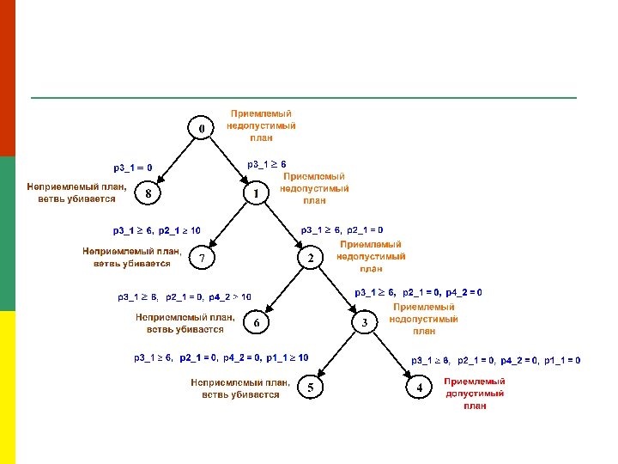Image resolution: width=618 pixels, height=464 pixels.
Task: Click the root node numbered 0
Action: (202, 129)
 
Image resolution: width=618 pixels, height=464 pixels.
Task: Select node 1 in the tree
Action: (256, 194)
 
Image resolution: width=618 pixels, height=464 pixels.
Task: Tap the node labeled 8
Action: (149, 194)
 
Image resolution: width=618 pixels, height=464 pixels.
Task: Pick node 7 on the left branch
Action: (202, 258)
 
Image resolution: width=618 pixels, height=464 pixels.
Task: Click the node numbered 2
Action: (310, 258)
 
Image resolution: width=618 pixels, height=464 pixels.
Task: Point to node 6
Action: (256, 322)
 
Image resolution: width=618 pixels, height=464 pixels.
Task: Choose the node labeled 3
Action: (365, 322)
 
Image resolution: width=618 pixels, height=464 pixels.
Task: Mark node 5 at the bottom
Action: (310, 389)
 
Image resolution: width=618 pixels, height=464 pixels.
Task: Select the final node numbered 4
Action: (419, 389)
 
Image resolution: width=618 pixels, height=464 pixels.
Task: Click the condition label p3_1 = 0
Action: (133, 168)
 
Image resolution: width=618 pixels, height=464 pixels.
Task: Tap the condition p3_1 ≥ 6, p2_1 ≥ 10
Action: (157, 230)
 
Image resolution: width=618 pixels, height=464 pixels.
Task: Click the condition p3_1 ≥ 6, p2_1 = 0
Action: (342, 230)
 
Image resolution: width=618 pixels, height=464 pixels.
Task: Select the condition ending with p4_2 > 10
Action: (185, 297)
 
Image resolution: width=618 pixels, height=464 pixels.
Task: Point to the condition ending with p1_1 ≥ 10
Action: (221, 357)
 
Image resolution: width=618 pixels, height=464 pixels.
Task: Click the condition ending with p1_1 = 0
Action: (496, 360)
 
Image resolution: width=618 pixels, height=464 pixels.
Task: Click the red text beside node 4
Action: (474, 394)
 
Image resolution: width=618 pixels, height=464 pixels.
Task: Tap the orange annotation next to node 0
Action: (261, 125)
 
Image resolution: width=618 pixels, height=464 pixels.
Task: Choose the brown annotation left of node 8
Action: (76, 192)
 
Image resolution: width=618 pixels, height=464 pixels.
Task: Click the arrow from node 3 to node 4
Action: (391, 354)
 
